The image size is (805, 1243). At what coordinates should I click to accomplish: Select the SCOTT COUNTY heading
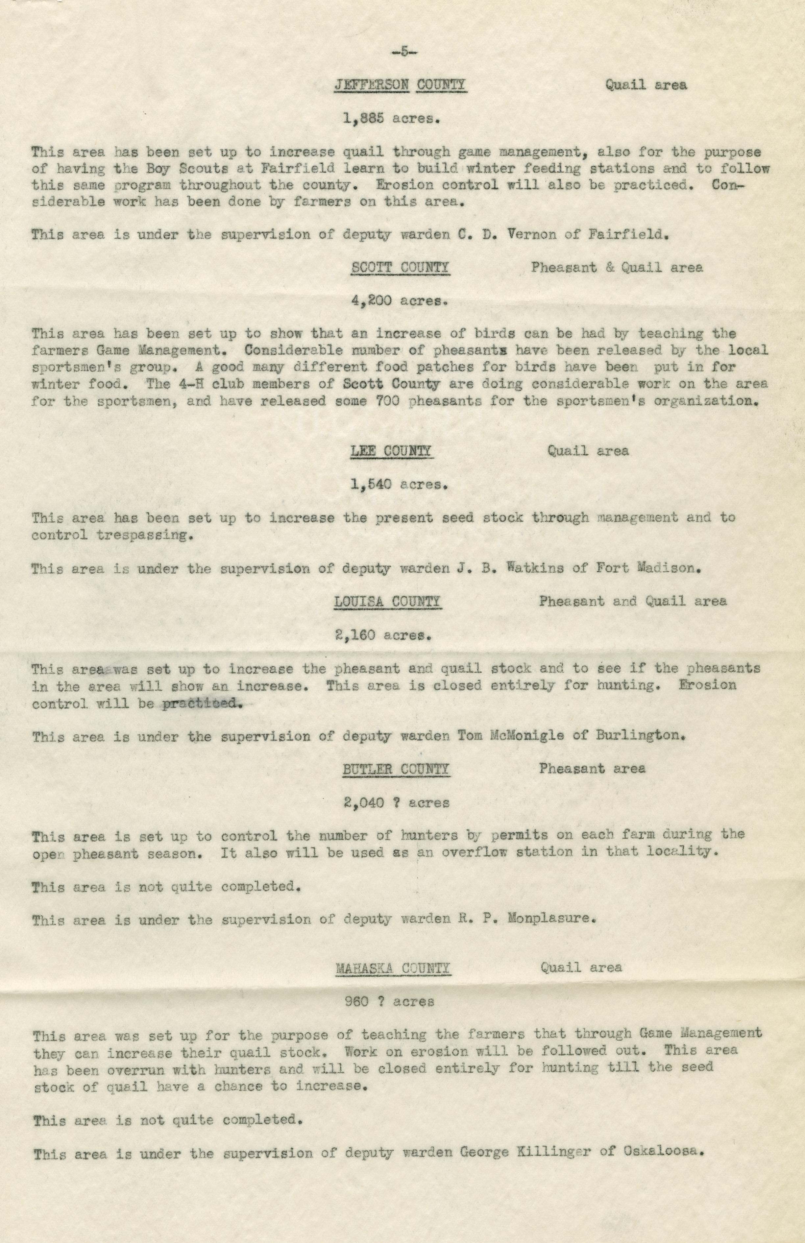coord(400,268)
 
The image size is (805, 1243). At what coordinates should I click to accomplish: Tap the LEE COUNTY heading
coord(391,451)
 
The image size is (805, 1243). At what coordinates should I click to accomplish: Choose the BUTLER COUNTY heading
coord(396,769)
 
